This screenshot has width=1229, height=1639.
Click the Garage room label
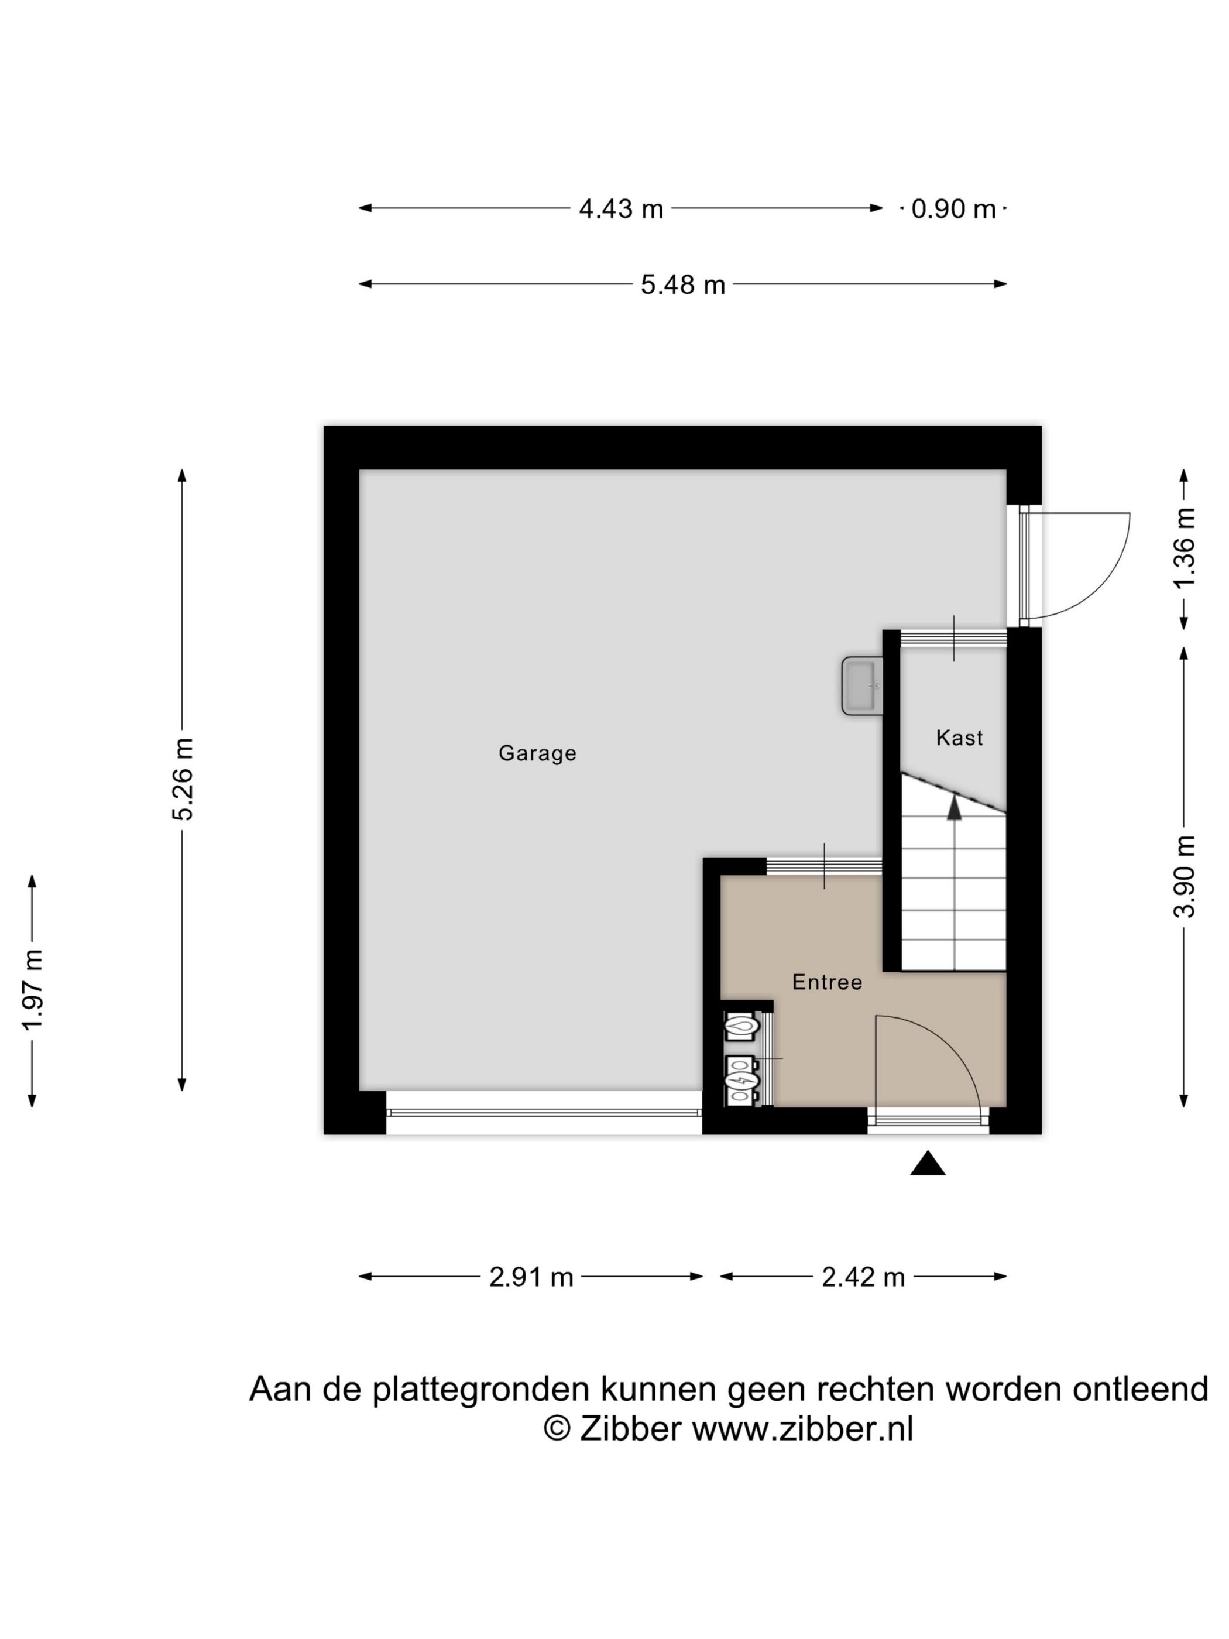pyautogui.click(x=537, y=753)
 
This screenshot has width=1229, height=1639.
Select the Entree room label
pyautogui.click(x=827, y=982)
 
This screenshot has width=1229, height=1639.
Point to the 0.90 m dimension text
pyautogui.click(x=953, y=209)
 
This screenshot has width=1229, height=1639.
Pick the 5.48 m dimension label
pyautogui.click(x=682, y=284)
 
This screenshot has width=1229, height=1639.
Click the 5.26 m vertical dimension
pyautogui.click(x=182, y=779)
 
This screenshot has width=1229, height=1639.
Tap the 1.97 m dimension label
pyautogui.click(x=33, y=989)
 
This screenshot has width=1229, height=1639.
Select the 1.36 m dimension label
pyautogui.click(x=1183, y=547)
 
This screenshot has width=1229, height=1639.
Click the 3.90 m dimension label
pyautogui.click(x=1183, y=876)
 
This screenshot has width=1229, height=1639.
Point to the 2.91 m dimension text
pyautogui.click(x=531, y=1277)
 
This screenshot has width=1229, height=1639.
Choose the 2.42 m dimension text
pyautogui.click(x=863, y=1277)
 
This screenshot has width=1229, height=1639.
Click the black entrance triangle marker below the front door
pyautogui.click(x=928, y=1164)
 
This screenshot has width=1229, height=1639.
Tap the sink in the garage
pyautogui.click(x=862, y=686)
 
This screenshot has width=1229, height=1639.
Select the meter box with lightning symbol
pyautogui.click(x=741, y=1082)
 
